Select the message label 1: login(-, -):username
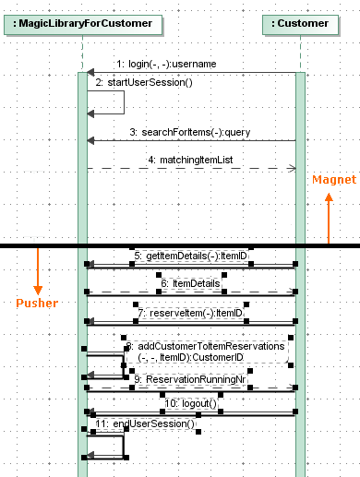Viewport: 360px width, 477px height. [x=166, y=64]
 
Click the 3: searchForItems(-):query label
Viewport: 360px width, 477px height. [x=189, y=132]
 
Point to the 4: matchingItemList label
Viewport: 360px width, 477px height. [x=190, y=160]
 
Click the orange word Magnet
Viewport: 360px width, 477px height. [x=328, y=178]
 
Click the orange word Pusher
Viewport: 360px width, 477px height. [x=38, y=303]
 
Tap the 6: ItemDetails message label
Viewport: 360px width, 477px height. [x=190, y=283]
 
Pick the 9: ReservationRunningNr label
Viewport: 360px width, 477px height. [x=189, y=378]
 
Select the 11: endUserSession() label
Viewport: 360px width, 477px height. [x=145, y=423]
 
